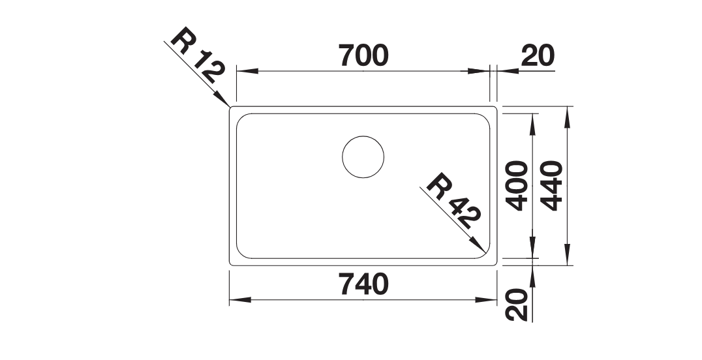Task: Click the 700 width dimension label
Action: point(363,55)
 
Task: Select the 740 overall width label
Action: point(363,285)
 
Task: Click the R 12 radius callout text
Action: point(197,56)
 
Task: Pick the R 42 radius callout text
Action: point(453,201)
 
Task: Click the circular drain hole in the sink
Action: point(363,157)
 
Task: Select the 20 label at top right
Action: point(538,55)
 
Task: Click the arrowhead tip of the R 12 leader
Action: point(230,106)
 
